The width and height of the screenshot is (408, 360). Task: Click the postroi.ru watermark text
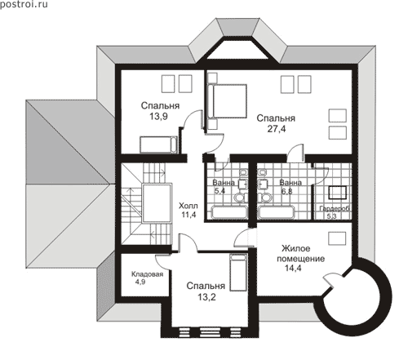pos(24,4)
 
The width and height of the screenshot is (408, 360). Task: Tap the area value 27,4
pos(277,129)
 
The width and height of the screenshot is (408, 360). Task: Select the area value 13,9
pos(158,116)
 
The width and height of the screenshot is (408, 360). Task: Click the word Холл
pos(188,206)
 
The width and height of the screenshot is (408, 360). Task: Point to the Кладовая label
pos(147,274)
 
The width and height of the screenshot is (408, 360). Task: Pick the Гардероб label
pos(335,209)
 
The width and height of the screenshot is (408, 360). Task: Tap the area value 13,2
pos(206,297)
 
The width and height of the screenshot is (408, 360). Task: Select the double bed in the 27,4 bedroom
pos(228,101)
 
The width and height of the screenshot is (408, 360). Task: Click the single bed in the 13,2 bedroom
pos(238,273)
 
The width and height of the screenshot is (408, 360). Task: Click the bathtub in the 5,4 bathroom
pos(230,212)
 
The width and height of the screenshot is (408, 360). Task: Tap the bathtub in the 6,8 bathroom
pos(277,212)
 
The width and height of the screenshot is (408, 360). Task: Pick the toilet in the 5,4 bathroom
pos(240,198)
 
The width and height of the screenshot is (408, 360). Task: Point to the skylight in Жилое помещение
pos(337,238)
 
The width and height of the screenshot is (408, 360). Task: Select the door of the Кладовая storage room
pos(162,262)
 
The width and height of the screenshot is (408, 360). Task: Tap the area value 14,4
pos(293,269)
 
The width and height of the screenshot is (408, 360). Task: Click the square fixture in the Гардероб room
pos(337,193)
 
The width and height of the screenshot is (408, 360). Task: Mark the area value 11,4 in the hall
pos(188,215)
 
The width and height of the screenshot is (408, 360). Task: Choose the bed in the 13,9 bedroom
pos(158,144)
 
